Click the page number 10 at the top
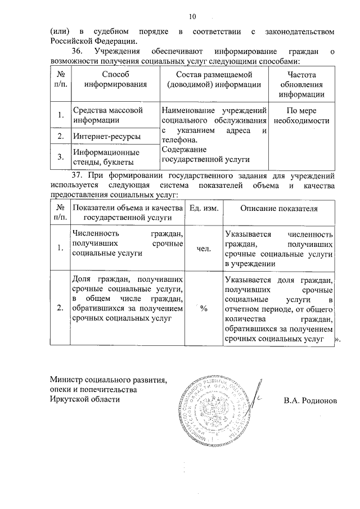tap(192, 16)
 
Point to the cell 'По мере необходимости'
tap(300, 115)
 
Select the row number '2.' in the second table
tap(60, 308)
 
